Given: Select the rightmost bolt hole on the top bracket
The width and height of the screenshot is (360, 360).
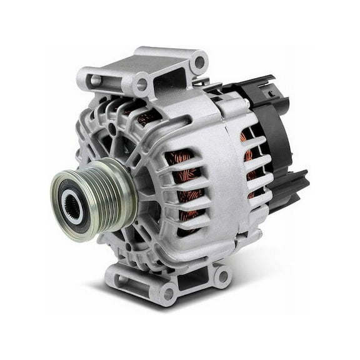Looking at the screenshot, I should click(199, 62).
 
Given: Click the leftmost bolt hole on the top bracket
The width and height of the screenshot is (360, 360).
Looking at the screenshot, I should click(94, 79).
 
